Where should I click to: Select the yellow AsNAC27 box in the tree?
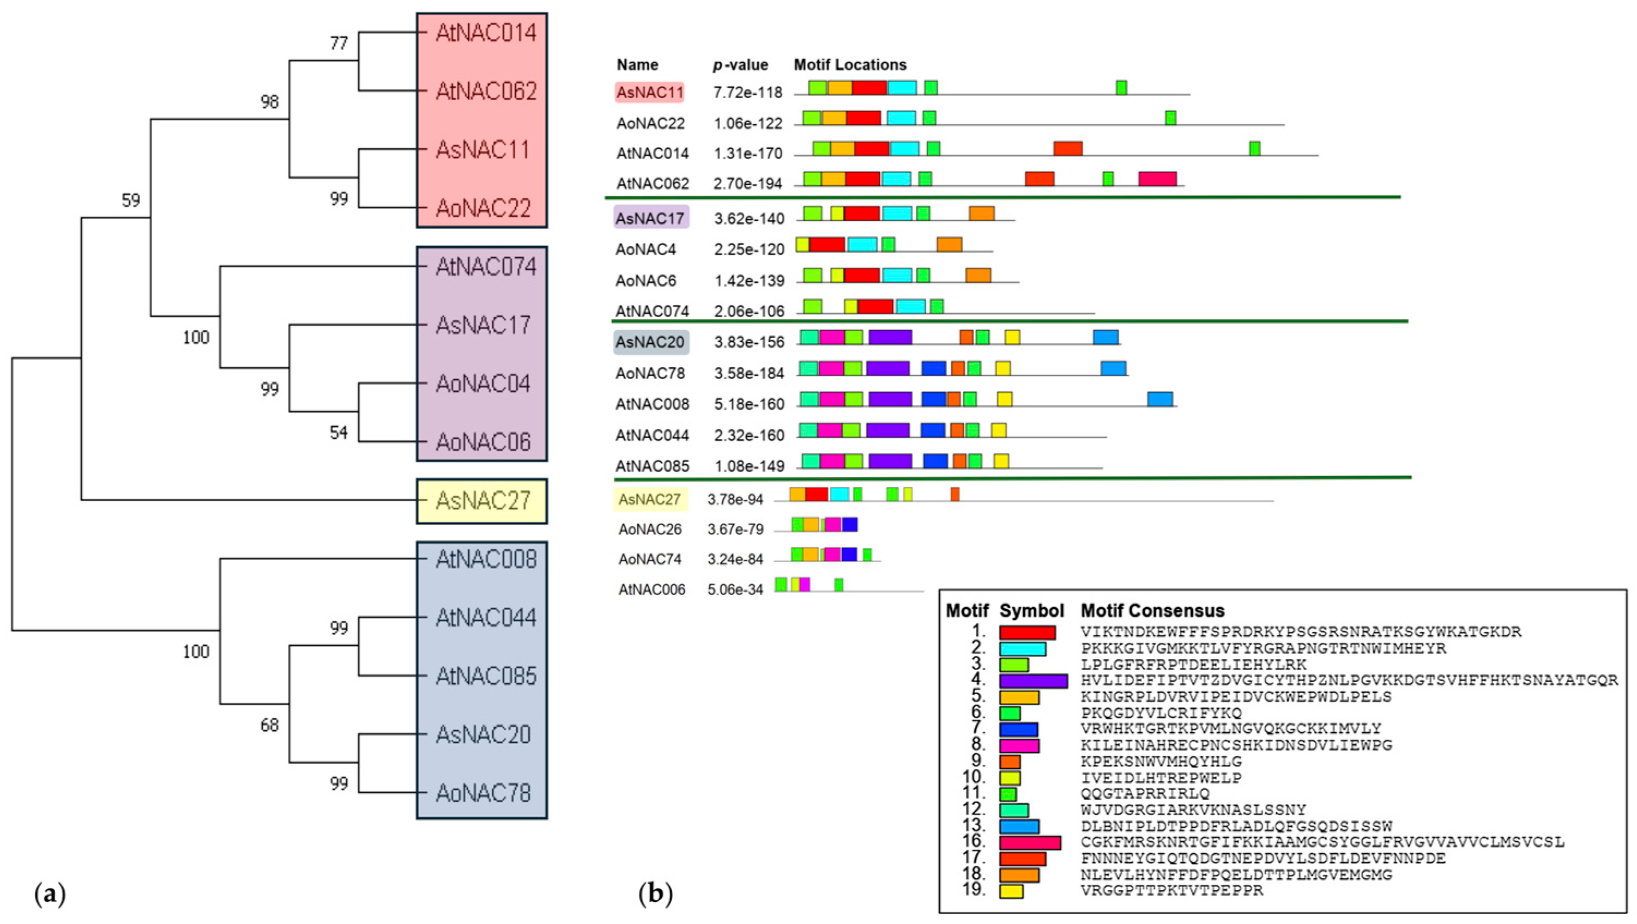point(482,501)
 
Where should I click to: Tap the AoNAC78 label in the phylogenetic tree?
point(483,793)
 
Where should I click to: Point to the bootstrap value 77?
point(339,43)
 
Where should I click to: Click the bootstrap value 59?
point(130,200)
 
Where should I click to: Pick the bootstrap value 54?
point(339,433)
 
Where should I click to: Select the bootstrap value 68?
point(269,725)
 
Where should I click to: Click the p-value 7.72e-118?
point(747,93)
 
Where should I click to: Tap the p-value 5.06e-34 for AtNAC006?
point(735,590)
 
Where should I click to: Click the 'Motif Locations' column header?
point(850,65)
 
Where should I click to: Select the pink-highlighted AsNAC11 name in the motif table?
point(649,93)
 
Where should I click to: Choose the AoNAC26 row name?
point(649,529)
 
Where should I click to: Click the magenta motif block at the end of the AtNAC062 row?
point(1157,179)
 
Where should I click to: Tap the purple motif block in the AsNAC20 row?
point(890,337)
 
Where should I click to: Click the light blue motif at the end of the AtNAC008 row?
point(1160,399)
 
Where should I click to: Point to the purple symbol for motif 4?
point(1032,681)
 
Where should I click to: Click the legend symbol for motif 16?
point(1030,843)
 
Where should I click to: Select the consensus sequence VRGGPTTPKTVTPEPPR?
point(1172,890)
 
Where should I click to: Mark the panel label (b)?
point(655,893)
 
